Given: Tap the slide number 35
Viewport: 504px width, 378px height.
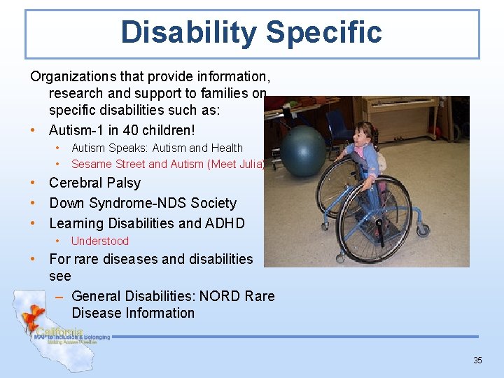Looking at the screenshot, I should [x=477, y=360].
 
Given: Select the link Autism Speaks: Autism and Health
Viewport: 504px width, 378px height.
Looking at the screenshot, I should [x=157, y=148].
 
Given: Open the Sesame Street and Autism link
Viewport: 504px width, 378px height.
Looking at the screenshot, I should [x=167, y=164].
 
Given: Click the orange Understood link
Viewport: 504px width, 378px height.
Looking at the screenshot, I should [x=100, y=241].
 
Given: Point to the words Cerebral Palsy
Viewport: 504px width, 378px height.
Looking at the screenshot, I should [x=94, y=183].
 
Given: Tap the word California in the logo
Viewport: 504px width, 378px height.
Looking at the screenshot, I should [x=59, y=331].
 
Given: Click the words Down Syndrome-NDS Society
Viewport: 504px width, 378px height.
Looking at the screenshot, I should [x=143, y=203].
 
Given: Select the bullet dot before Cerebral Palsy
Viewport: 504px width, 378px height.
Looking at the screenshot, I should [x=34, y=183].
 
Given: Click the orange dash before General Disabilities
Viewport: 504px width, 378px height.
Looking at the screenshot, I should [x=59, y=296].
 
